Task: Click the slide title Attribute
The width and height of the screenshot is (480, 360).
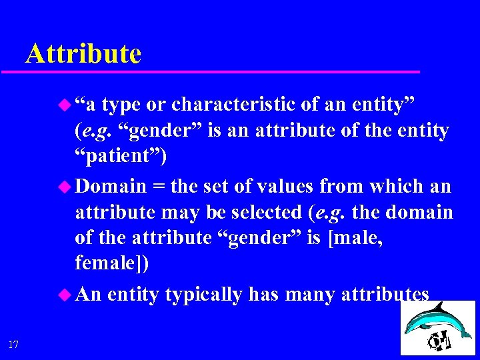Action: [83, 53]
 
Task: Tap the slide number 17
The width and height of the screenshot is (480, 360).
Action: [13, 344]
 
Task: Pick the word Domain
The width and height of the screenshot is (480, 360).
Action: [111, 186]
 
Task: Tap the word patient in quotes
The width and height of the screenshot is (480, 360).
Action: [121, 157]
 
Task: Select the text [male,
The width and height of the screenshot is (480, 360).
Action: [356, 238]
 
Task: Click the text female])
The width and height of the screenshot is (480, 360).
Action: [112, 263]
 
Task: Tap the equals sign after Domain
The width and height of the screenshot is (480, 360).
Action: [159, 187]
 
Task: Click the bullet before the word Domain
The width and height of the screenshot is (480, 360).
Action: [65, 186]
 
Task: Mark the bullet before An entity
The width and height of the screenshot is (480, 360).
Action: [65, 293]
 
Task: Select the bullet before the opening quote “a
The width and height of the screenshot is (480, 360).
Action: [65, 105]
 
